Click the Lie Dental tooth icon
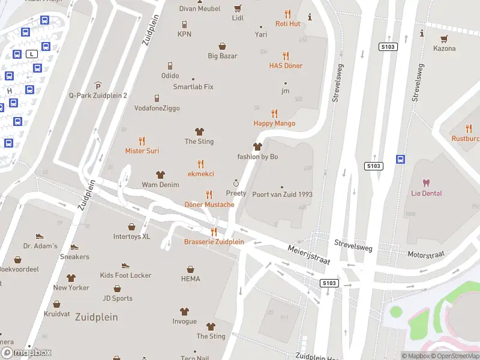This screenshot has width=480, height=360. coord(427,182)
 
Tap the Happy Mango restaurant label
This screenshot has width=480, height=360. coord(274,124)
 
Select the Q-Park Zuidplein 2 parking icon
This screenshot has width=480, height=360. coord(98,85)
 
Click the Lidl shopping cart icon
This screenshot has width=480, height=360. coord(238,8)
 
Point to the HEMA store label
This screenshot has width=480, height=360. coord(190,279)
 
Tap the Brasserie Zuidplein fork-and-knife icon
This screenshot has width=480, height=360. coord(214,232)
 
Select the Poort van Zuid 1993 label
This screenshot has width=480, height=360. coord(282,194)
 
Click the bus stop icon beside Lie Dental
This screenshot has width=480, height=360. coord(400,159)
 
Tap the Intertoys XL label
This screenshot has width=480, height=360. coord(131,237)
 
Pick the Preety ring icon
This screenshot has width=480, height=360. coord(236,182)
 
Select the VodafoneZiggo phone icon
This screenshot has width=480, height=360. coord(157,98)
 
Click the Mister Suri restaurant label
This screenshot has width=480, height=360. coord(142,151)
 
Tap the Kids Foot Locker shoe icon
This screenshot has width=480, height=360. coord(125,265)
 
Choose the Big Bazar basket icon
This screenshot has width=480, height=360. coord(223,46)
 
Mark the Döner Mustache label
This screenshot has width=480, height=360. coord(209,205)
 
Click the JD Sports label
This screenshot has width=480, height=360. coord(117,298)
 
